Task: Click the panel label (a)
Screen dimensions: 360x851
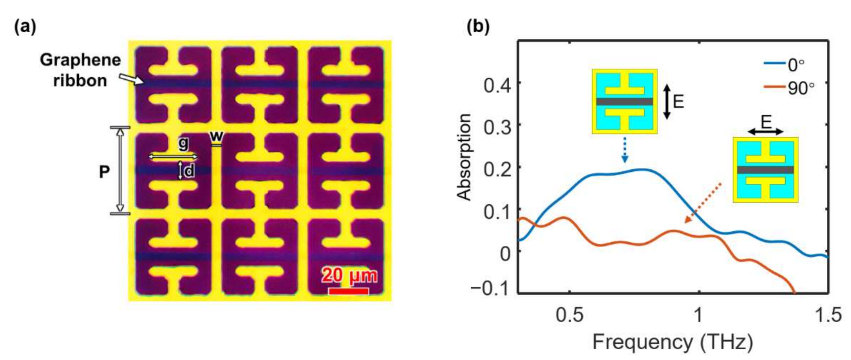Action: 25,27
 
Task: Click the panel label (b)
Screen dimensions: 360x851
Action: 478,27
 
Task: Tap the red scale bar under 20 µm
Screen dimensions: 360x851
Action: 348,291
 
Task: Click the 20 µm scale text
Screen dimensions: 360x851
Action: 349,276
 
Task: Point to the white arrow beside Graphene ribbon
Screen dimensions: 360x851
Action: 133,78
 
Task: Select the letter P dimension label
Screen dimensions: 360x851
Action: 104,172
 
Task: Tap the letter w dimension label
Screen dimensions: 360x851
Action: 216,136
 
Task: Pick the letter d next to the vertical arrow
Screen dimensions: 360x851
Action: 189,170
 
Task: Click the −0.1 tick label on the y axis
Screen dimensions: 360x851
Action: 490,288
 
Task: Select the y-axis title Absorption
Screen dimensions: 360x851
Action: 464,157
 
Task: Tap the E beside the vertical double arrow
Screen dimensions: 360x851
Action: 678,102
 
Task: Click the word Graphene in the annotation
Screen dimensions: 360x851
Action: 80,60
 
